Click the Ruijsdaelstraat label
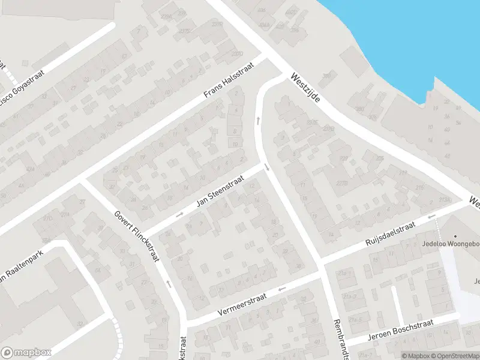click(x=390, y=233)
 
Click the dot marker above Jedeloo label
click(x=455, y=235)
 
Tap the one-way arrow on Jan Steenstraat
click(x=179, y=214)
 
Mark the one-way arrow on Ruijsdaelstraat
click(x=430, y=217)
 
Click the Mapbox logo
click(x=26, y=352)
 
